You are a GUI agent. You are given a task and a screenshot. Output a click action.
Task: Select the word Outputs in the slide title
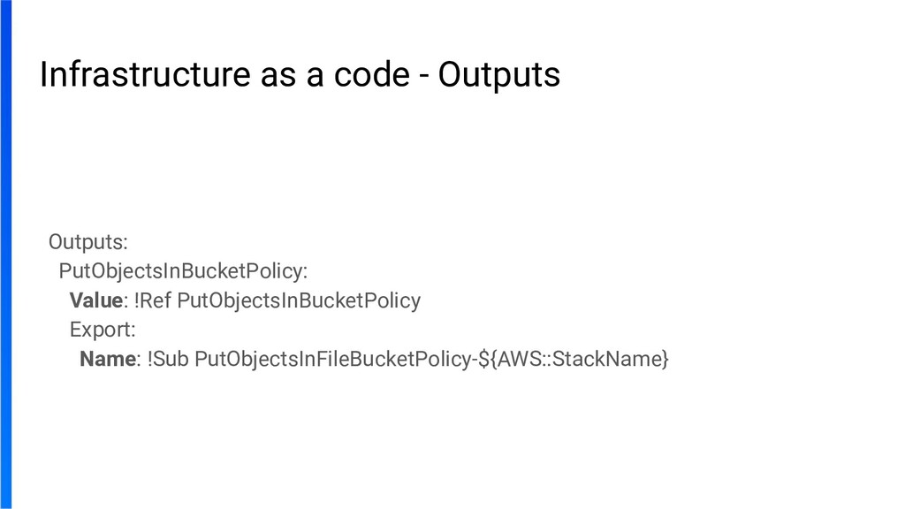point(499,76)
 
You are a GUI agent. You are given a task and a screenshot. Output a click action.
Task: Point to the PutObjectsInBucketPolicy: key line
point(183,270)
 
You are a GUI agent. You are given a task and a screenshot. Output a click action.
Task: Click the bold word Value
point(95,300)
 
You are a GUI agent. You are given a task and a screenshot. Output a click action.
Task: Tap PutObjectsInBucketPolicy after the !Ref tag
point(300,300)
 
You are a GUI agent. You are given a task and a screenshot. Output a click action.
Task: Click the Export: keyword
point(103,330)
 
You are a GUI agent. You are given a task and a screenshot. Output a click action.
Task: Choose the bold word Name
point(108,360)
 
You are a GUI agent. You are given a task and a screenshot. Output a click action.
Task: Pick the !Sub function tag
point(167,360)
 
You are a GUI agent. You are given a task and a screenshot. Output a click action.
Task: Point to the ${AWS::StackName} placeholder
point(574,360)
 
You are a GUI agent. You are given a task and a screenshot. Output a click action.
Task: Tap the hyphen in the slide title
point(425,78)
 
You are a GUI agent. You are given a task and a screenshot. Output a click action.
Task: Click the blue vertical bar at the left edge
point(6,254)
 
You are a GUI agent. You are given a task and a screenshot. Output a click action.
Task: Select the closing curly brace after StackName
point(665,361)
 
